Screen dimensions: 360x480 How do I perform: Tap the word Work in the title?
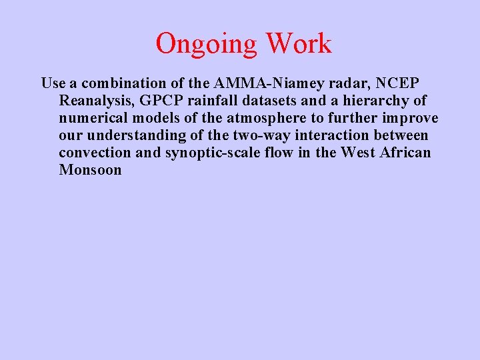coord(298,43)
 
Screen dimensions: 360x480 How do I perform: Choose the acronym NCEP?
coord(399,83)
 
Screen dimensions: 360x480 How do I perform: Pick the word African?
coord(404,153)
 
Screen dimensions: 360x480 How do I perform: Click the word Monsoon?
coord(90,170)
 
